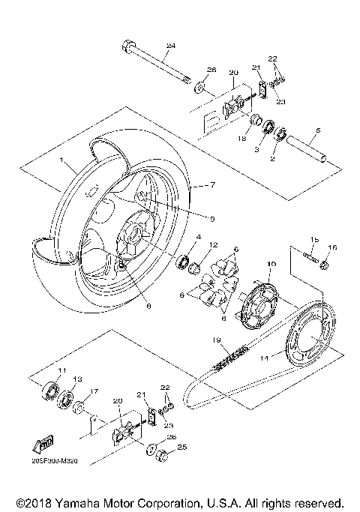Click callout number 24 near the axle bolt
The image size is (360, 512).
pyautogui.click(x=170, y=46)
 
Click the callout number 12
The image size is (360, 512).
pyautogui.click(x=213, y=244)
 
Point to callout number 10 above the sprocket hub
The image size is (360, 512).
pyautogui.click(x=271, y=264)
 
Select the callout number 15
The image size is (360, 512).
pyautogui.click(x=314, y=240)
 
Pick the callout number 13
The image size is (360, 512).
pyautogui.click(x=76, y=379)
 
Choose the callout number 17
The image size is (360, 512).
pyautogui.click(x=94, y=391)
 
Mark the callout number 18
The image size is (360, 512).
pyautogui.click(x=242, y=139)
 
